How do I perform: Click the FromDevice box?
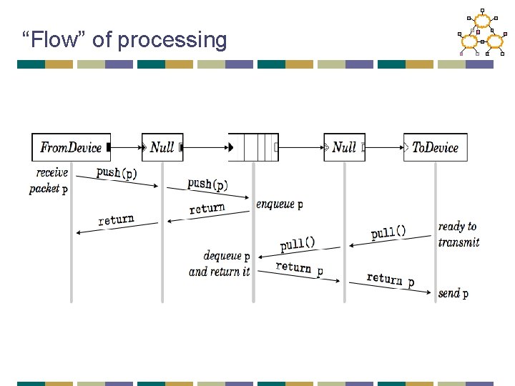(71, 147)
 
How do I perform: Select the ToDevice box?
(435, 147)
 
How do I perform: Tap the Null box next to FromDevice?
(162, 147)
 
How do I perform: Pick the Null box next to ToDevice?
(344, 147)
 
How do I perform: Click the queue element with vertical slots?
(253, 147)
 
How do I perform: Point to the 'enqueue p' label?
(279, 204)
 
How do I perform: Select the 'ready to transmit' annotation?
(458, 234)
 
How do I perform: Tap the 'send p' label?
(453, 294)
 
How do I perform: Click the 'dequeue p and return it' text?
(220, 264)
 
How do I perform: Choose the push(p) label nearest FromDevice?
(117, 172)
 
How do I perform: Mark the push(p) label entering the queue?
(207, 184)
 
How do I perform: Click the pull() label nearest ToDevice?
(388, 232)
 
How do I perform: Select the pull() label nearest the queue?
(297, 244)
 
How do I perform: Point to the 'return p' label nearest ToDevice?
(390, 279)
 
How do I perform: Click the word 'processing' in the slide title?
(172, 40)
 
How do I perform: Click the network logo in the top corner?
(481, 33)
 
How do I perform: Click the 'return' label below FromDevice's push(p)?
(116, 219)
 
